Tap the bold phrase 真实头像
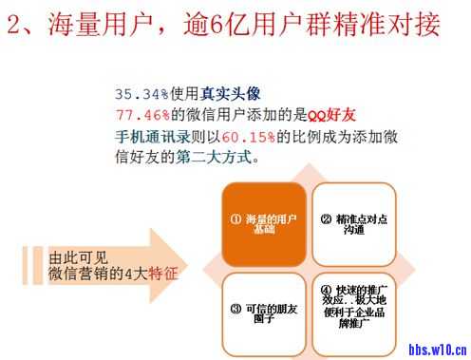click(x=227, y=95)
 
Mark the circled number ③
click(x=235, y=308)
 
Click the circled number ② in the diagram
click(x=326, y=218)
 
